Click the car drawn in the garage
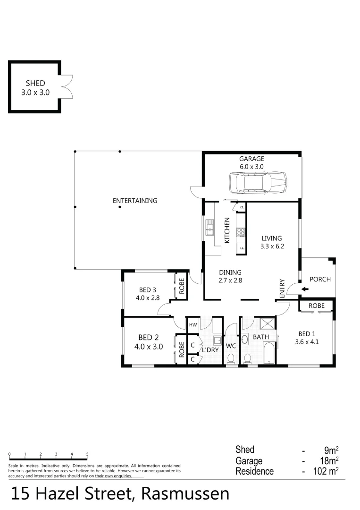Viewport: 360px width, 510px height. coord(258,182)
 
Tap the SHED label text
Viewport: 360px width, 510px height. coord(35,84)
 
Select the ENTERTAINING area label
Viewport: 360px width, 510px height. coord(135,201)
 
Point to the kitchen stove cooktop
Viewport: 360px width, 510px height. coord(241,232)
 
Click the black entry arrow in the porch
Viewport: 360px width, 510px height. coord(305,289)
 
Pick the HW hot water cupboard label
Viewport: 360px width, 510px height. coord(193,325)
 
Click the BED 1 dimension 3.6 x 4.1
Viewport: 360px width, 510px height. coord(307,342)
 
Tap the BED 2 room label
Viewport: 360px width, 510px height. coord(148,338)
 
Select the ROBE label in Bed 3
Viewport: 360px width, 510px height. coord(181,285)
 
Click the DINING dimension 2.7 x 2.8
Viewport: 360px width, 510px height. coord(230,280)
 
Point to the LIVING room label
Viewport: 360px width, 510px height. coord(272,238)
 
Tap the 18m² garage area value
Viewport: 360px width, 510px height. coord(328,460)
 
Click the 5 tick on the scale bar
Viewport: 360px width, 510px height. coord(87,454)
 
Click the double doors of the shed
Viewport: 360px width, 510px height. coord(67,86)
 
